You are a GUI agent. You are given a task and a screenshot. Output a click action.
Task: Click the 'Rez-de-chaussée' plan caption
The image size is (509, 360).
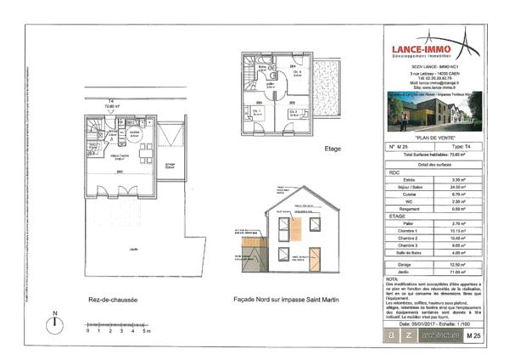point(107,299)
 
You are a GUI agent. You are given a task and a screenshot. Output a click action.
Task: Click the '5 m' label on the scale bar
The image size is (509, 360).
point(146,330)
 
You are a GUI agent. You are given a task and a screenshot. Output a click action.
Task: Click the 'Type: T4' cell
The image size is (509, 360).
point(462,147)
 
